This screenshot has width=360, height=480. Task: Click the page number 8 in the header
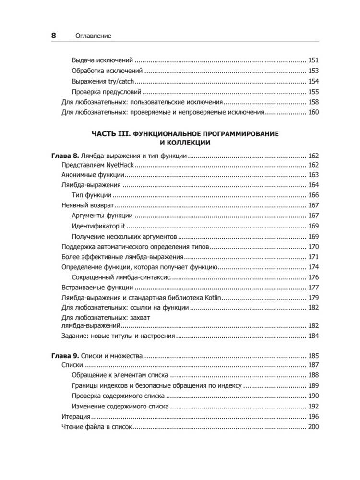click(54, 35)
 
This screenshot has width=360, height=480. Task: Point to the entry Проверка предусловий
click(107, 92)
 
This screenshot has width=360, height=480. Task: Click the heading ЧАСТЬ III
click(110, 133)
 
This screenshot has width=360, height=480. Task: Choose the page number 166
click(313, 195)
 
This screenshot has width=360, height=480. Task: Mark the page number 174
click(313, 267)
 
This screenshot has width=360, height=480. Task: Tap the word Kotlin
click(209, 298)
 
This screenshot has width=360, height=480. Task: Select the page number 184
click(313, 336)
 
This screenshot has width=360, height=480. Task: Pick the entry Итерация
click(76, 417)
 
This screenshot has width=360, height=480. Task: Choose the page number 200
click(313, 427)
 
